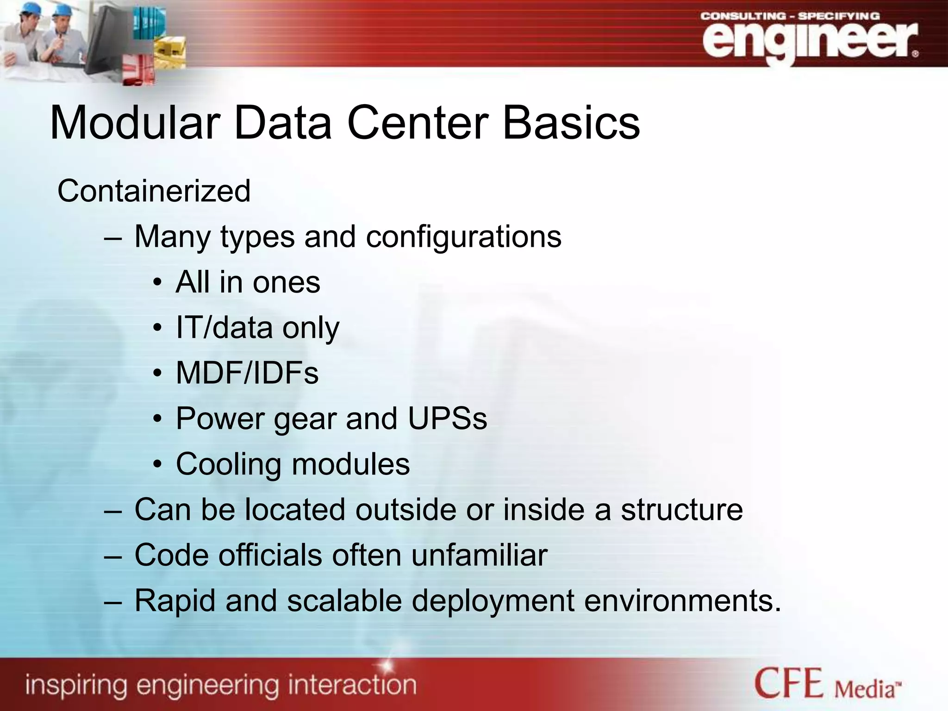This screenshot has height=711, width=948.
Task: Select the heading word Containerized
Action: (x=154, y=191)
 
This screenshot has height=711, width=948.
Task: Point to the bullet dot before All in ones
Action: (x=157, y=282)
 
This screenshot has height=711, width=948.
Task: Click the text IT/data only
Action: (x=257, y=328)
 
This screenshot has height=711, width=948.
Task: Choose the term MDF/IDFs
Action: (x=247, y=373)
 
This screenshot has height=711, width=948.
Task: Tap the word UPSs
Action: (x=447, y=418)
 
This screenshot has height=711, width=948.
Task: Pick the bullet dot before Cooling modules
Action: (x=157, y=464)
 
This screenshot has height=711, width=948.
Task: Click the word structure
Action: (x=681, y=509)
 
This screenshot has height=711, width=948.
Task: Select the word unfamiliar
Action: (x=479, y=555)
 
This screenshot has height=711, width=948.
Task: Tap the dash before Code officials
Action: (x=113, y=555)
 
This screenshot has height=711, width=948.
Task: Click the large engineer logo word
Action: (x=808, y=41)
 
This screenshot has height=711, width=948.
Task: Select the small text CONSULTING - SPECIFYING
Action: (x=790, y=16)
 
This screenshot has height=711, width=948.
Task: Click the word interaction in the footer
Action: (x=352, y=685)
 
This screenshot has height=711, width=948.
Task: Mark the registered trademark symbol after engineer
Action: (x=915, y=54)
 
